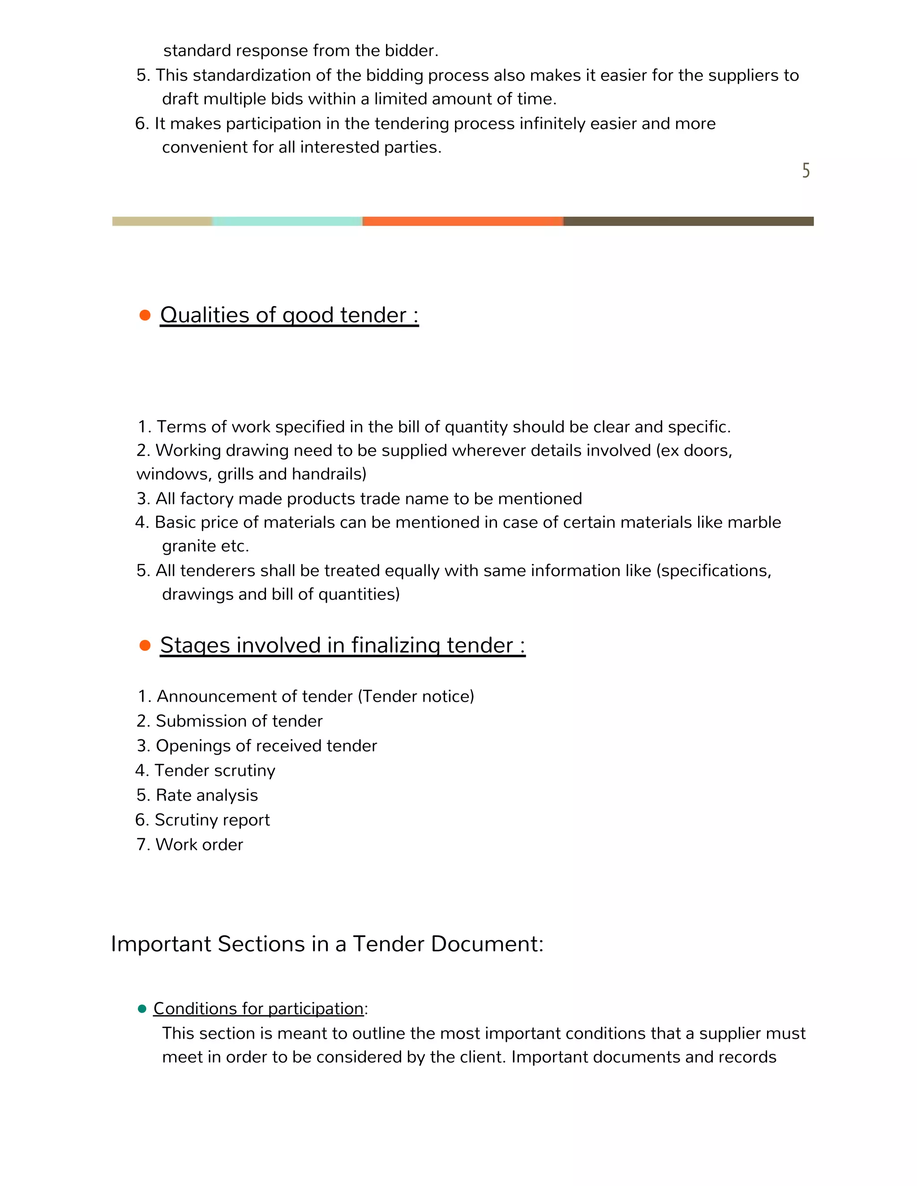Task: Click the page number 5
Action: pos(806,171)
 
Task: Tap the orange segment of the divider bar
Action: pos(462,221)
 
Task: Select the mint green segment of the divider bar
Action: pos(287,221)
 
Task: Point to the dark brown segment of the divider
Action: pos(688,221)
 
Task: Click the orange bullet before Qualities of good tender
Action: pos(145,316)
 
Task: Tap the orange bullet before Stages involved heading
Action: pos(145,645)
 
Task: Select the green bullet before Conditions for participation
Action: pos(142,1009)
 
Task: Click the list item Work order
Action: pos(199,845)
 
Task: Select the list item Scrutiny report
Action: pos(212,819)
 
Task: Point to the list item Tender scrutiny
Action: pos(214,770)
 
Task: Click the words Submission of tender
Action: pos(239,721)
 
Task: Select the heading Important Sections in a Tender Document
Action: pos(327,944)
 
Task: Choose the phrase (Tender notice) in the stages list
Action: pos(416,696)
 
